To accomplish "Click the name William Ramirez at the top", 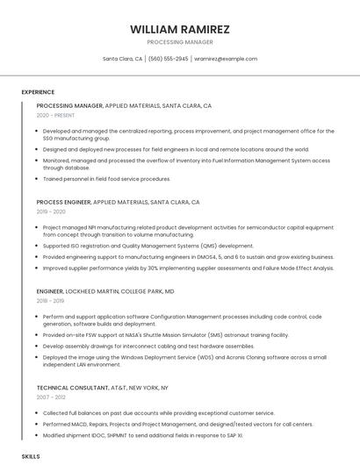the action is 180,29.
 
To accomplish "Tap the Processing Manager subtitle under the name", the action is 180,41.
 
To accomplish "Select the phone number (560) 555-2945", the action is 169,59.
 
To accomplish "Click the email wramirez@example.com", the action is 226,59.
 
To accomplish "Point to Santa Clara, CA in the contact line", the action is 123,59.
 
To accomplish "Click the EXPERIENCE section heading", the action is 38,92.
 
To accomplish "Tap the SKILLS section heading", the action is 31,457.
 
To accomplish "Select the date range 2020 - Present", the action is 55,115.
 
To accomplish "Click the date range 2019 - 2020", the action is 51,211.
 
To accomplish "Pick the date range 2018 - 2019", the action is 51,300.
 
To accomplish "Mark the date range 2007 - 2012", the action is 51,397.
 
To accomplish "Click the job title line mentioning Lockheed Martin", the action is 105,290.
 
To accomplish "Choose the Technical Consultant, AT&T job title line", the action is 102,387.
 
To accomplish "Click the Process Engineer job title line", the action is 119,202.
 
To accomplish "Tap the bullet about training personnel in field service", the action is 106,178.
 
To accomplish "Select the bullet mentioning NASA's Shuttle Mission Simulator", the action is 165,334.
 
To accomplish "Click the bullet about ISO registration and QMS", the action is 148,246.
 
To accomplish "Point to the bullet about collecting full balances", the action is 158,412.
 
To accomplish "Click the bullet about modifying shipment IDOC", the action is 142,434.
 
